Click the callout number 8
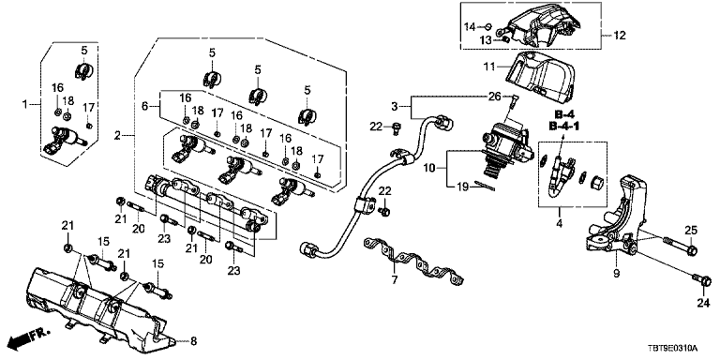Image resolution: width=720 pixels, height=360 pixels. (x=193, y=340)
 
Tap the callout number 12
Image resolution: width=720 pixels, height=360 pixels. (x=620, y=35)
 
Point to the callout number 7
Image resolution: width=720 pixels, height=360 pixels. (x=395, y=279)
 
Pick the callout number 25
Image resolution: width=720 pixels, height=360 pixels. (x=692, y=230)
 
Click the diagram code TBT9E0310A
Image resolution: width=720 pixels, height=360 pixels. (x=679, y=348)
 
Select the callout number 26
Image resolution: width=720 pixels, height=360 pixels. (x=494, y=97)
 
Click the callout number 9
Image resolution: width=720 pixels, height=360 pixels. (x=616, y=274)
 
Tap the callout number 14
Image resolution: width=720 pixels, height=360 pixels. (x=470, y=26)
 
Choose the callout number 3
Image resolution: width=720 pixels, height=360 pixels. (x=394, y=107)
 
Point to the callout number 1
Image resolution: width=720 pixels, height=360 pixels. (x=26, y=105)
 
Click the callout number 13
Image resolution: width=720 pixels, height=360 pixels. (x=486, y=39)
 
